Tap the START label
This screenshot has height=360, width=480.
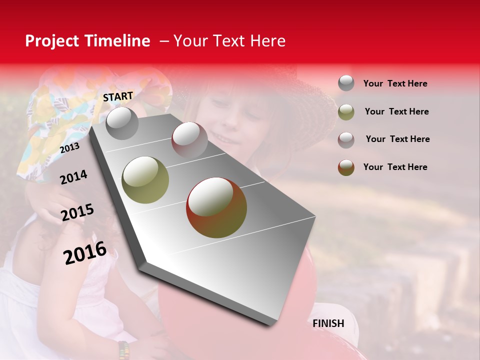click(x=118, y=96)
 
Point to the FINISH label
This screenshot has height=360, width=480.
click(x=328, y=323)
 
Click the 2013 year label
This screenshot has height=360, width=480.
click(x=70, y=148)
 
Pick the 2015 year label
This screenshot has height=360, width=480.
click(x=77, y=212)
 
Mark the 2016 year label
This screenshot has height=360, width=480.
click(x=85, y=252)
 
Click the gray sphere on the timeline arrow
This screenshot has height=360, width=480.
click(x=122, y=123)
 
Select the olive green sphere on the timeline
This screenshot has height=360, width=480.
click(x=145, y=180)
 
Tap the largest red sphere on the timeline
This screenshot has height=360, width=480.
click(x=216, y=207)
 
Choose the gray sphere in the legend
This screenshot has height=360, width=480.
click(x=346, y=83)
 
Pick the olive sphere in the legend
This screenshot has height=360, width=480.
click(x=346, y=112)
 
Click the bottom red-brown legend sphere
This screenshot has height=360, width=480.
click(x=346, y=167)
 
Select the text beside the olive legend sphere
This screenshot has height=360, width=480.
click(x=396, y=111)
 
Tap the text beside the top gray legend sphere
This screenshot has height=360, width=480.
click(x=395, y=83)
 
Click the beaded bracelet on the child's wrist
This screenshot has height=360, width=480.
click(x=123, y=349)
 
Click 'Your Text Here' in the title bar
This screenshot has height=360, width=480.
click(x=229, y=41)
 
